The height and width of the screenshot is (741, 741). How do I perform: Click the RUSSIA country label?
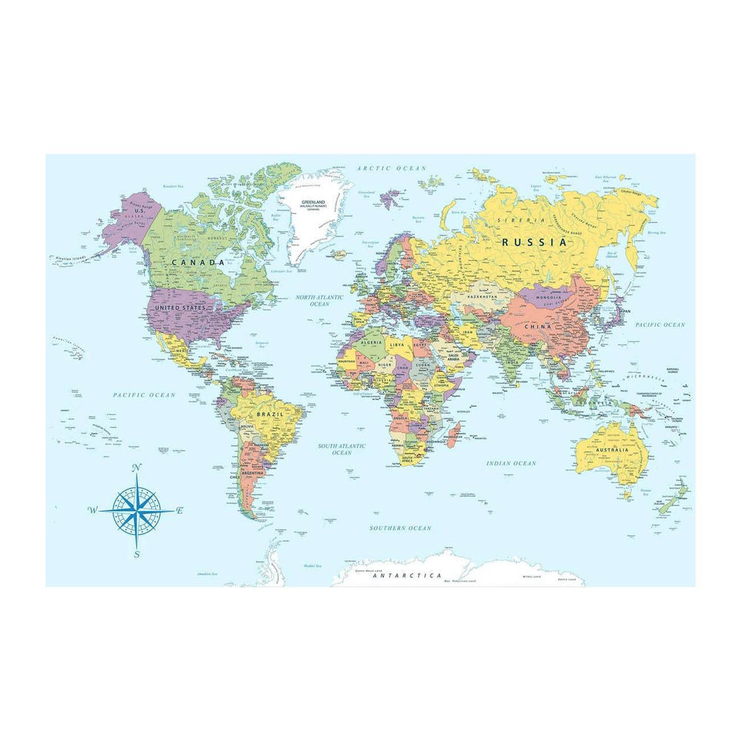[534, 242]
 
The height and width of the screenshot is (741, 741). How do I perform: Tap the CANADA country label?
[199, 262]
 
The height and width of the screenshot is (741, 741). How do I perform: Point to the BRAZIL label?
[265, 413]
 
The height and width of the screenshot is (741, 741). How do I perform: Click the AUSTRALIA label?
[611, 450]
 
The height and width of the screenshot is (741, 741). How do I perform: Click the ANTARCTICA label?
[407, 576]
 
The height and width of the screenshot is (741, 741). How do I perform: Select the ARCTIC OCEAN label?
[392, 169]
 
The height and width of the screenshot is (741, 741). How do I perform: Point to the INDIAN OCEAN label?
[511, 463]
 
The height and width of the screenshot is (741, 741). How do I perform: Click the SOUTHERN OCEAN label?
[400, 528]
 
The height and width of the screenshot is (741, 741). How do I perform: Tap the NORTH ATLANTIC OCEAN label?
[319, 300]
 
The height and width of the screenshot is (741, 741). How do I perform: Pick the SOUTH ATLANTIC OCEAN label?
[342, 449]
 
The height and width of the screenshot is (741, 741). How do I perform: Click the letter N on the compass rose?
[136, 468]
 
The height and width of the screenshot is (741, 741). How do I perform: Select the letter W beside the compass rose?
[93, 510]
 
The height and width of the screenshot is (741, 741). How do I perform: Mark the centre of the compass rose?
[137, 511]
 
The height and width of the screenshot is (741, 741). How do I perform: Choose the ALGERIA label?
[370, 343]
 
